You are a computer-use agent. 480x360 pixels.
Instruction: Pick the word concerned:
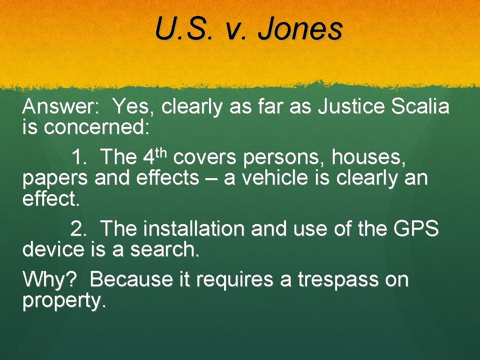tap(97, 128)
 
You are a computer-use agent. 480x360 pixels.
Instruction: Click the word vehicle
tap(275, 178)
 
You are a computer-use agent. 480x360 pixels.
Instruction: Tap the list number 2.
tap(79, 229)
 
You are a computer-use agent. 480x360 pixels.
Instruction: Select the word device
tap(52, 250)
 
